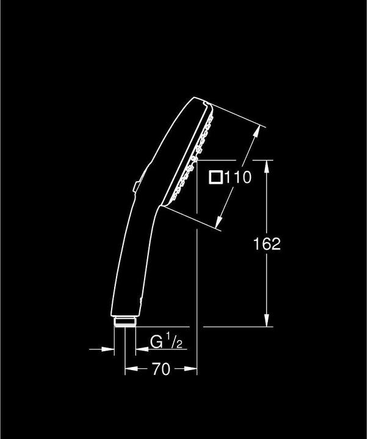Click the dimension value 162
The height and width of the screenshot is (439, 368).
coord(267,244)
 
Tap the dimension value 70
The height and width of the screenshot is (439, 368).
coord(161,369)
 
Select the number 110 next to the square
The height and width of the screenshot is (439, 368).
coord(238,177)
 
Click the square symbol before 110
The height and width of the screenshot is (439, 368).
coord(216,177)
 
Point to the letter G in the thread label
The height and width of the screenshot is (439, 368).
coord(156,341)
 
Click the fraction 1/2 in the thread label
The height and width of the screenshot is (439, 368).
coord(174,340)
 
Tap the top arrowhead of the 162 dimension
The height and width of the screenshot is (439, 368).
coord(267,166)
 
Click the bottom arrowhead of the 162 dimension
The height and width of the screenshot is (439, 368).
coord(267,320)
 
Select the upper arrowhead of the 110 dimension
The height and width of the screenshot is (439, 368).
coord(256,132)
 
